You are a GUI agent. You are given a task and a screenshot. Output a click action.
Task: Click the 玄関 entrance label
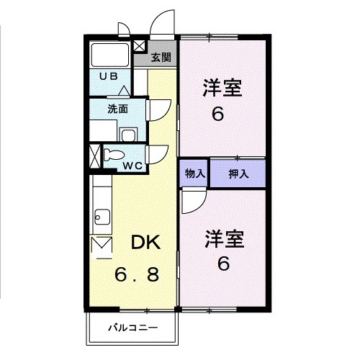pyautogui.click(x=161, y=57)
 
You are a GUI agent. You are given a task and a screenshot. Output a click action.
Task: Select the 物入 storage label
pyautogui.click(x=194, y=174)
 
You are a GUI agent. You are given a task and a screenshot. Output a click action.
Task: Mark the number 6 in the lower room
pyautogui.click(x=224, y=264)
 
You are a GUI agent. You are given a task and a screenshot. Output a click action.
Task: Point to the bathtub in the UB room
pyautogui.click(x=112, y=55)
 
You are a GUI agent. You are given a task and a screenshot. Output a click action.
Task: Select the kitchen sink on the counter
pyautogui.click(x=102, y=216)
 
